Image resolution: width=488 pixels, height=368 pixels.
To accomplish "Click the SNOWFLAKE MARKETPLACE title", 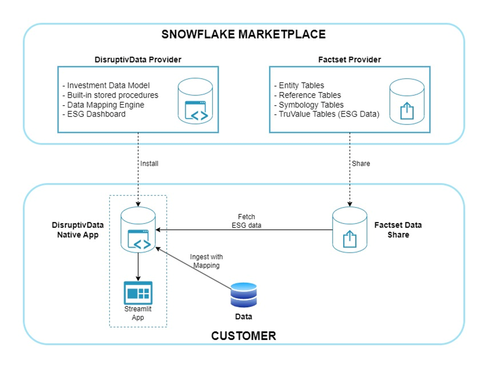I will [x=243, y=35].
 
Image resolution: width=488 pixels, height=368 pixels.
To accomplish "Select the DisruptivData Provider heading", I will [x=138, y=60].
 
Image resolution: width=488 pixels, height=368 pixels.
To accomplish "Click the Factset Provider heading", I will [x=349, y=60].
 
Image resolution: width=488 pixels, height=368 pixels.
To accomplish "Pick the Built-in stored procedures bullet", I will [x=110, y=95].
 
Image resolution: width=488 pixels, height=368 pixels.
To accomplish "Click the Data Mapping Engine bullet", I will [x=103, y=105].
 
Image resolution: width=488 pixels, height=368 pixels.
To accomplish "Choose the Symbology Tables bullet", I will [x=309, y=105].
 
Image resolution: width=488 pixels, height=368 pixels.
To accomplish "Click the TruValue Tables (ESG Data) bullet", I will [x=327, y=114].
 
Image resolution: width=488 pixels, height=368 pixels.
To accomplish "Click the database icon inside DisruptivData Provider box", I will [x=196, y=100].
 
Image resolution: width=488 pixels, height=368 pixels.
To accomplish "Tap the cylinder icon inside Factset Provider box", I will [x=406, y=100].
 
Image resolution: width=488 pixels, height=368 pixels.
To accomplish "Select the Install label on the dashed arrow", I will [x=149, y=163].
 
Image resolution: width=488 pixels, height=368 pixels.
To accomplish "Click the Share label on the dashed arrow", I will [x=361, y=163].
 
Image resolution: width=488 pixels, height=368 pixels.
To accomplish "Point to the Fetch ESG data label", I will [x=246, y=221].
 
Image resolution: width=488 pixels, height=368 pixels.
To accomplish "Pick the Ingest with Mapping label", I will [x=205, y=261].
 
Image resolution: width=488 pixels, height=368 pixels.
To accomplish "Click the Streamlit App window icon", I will [x=138, y=293].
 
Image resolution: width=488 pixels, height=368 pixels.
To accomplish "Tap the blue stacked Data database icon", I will [x=244, y=295].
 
